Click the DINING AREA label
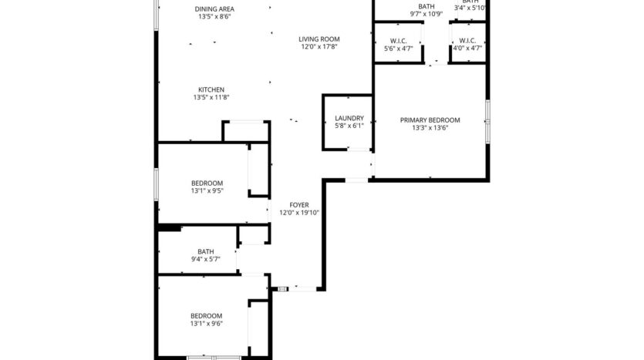tap(215, 8)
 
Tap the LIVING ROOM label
tap(320, 39)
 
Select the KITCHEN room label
tap(211, 89)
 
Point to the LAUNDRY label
tap(349, 118)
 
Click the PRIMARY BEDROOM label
tap(430, 120)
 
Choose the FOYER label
tap(298, 205)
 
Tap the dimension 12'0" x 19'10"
tap(298, 213)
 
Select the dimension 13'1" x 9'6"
tap(207, 324)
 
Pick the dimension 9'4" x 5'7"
tap(206, 259)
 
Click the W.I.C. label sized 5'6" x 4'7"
tap(399, 41)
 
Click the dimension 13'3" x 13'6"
tap(430, 128)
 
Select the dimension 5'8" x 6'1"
tap(349, 126)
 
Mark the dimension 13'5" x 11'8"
tap(211, 97)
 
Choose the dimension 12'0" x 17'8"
tap(320, 46)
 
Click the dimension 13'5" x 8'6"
tap(215, 16)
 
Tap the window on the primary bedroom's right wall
tap(487, 113)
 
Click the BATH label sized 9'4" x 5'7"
tap(206, 251)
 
